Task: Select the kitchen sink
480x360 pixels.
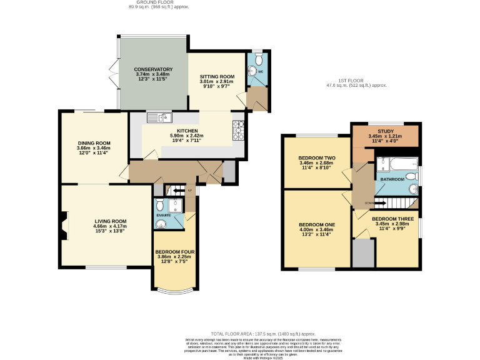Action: (159, 117)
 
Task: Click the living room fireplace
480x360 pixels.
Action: (63, 226)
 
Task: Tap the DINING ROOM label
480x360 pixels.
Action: (94, 143)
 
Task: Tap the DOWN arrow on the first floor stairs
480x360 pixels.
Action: (371, 203)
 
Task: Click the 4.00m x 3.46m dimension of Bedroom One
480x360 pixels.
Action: (316, 230)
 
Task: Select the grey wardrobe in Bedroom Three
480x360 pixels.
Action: (363, 252)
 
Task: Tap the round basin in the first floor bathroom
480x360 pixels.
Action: (412, 189)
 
